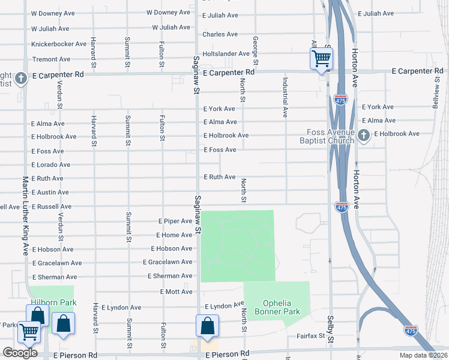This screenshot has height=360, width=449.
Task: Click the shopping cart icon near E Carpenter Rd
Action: pyautogui.click(x=321, y=58)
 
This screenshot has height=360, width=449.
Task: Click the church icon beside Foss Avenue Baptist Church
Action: pyautogui.click(x=364, y=137)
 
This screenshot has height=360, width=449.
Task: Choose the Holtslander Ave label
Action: pyautogui.click(x=226, y=53)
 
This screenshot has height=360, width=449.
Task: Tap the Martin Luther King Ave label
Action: pyautogui.click(x=25, y=215)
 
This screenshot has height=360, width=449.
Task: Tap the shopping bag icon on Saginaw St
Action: pyautogui.click(x=206, y=326)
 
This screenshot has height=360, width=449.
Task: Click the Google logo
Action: pyautogui.click(x=20, y=352)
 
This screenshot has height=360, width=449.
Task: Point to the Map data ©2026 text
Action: pyautogui.click(x=424, y=355)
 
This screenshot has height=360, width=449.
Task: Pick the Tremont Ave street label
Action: pyautogui.click(x=50, y=59)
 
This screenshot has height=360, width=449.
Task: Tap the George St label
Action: pyautogui.click(x=255, y=50)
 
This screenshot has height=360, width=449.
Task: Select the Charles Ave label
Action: pyautogui.click(x=220, y=34)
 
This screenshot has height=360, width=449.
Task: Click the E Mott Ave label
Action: pyautogui.click(x=176, y=292)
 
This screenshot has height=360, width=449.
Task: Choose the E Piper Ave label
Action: pyautogui.click(x=175, y=221)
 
